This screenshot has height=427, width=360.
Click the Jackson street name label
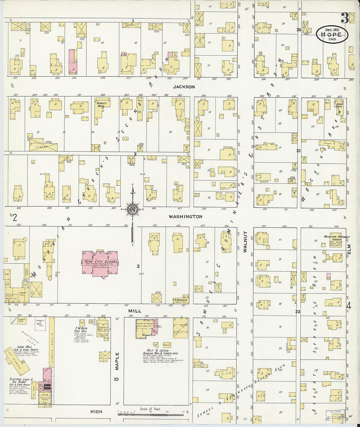[184, 87]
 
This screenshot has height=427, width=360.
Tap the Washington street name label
[186, 217]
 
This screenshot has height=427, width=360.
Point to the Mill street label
[134, 311]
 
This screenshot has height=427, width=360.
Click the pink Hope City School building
[100, 263]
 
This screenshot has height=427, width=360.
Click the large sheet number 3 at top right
[344, 18]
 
